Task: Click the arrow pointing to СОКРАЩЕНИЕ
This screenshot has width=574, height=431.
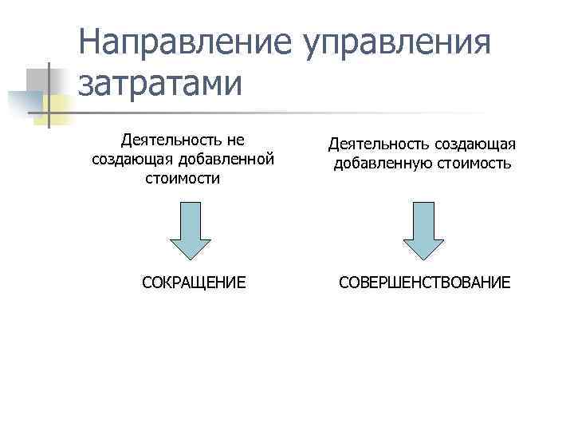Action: point(192,231)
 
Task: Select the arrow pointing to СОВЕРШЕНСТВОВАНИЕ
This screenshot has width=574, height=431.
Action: point(423,231)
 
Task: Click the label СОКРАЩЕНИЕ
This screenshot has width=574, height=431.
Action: point(193,283)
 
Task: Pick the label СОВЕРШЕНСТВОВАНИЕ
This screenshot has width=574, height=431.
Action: point(424,283)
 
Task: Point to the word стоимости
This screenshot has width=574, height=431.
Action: point(183,177)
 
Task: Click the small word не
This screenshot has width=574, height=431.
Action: point(234,140)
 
